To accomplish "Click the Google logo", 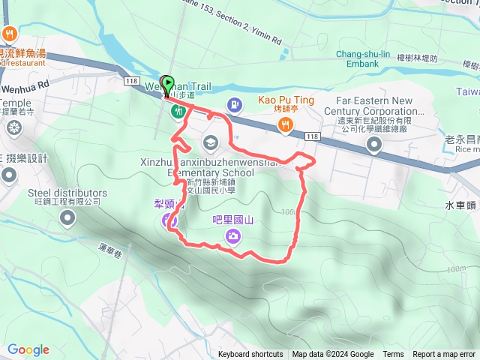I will [28, 349].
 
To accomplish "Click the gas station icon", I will [234, 104].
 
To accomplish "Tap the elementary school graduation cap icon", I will [211, 142].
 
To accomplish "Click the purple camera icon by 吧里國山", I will [233, 237].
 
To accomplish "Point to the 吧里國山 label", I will [233, 220].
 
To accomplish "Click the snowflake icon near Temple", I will [13, 128].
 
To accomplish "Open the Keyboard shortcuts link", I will [250, 355].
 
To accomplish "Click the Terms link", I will [393, 355].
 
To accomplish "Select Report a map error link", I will [444, 355].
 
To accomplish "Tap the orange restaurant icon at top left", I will [10, 33].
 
